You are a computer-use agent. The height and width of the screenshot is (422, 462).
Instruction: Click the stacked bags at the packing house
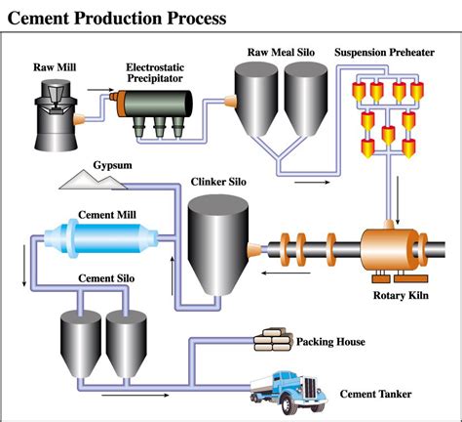275,340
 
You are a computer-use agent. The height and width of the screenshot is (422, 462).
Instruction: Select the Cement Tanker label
375,395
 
